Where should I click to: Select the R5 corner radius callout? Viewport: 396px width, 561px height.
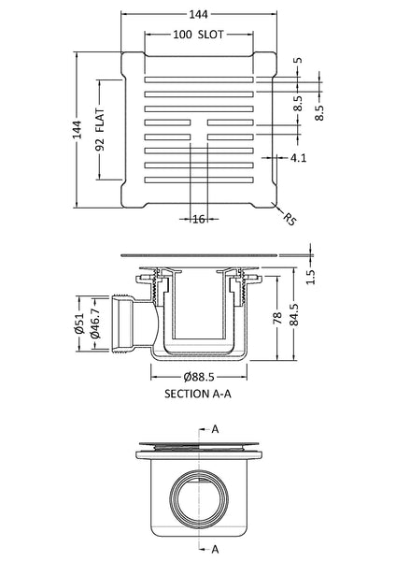coord(291,221)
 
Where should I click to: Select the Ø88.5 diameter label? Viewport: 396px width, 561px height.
coord(197,378)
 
